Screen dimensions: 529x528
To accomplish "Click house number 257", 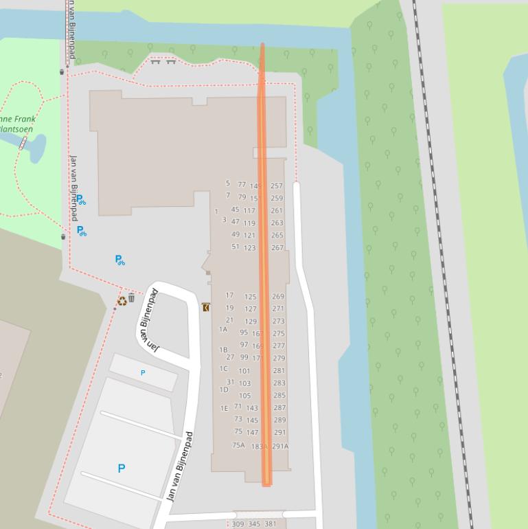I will click(277, 186).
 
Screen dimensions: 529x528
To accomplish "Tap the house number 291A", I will click(280, 447).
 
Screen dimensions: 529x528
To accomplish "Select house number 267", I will click(277, 248).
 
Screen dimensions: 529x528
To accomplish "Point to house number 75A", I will click(238, 445).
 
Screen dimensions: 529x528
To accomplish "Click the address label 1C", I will click(224, 369).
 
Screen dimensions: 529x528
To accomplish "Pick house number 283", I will click(279, 383).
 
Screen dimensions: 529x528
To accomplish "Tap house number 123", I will click(249, 248).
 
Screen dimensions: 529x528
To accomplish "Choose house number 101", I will click(244, 371).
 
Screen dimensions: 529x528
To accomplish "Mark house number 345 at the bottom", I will click(254, 524).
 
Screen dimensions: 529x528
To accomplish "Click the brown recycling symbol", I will click(122, 300).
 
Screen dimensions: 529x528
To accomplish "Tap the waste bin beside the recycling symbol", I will click(132, 298).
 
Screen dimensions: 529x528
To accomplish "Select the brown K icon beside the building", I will click(206, 308).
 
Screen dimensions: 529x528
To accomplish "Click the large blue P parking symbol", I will click(122, 469).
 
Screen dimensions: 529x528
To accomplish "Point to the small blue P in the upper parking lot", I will click(143, 373).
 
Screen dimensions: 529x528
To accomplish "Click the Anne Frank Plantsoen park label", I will click(17, 124).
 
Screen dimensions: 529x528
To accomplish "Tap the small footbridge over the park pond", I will click(23, 143).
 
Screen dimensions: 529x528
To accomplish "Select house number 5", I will click(228, 183).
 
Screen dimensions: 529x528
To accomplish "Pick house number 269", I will click(278, 297).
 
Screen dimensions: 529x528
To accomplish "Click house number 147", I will click(252, 433).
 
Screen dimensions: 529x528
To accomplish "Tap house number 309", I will click(238, 524).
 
